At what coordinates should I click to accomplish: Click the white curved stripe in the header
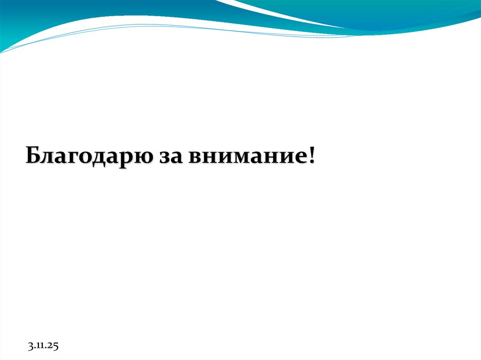tap(263, 12)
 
